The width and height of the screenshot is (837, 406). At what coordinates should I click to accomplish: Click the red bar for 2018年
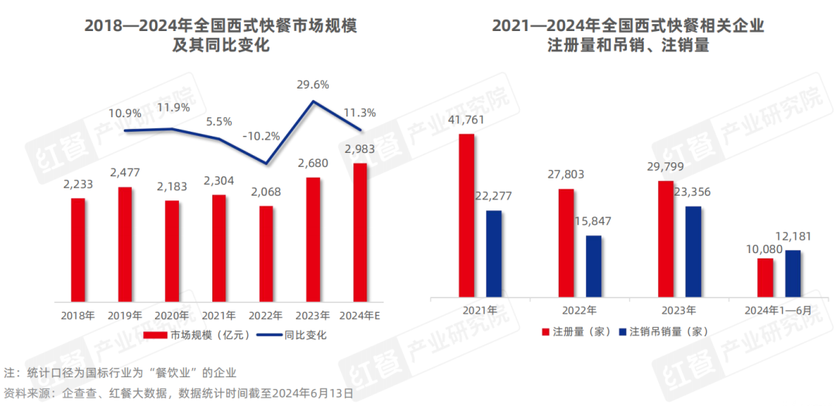[x=78, y=249]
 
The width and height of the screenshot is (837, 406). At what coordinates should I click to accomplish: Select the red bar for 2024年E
[x=360, y=232]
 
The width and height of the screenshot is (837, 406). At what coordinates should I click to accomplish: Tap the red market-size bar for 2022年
[x=266, y=253]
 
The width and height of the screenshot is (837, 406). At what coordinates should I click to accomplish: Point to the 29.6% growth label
[x=312, y=84]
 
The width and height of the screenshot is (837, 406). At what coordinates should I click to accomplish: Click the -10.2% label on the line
[x=261, y=136]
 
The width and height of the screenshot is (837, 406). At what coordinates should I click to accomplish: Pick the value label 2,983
[x=359, y=149]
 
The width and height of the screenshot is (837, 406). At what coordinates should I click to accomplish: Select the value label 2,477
[x=126, y=172]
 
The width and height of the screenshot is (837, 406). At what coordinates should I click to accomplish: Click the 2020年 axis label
[x=172, y=315]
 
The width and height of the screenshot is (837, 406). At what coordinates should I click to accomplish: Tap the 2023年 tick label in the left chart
[x=313, y=315]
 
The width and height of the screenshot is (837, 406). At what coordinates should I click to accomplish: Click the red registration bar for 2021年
[x=467, y=216]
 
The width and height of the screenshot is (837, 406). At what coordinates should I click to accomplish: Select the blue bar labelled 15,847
[x=594, y=266]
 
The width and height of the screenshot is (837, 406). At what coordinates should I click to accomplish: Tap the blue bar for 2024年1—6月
[x=793, y=273]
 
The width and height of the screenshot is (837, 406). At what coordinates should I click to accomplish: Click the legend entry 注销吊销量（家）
[x=665, y=331]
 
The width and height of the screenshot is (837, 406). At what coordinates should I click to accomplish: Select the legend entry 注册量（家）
[x=576, y=331]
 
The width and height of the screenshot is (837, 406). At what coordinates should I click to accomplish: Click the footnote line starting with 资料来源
[x=180, y=393]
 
